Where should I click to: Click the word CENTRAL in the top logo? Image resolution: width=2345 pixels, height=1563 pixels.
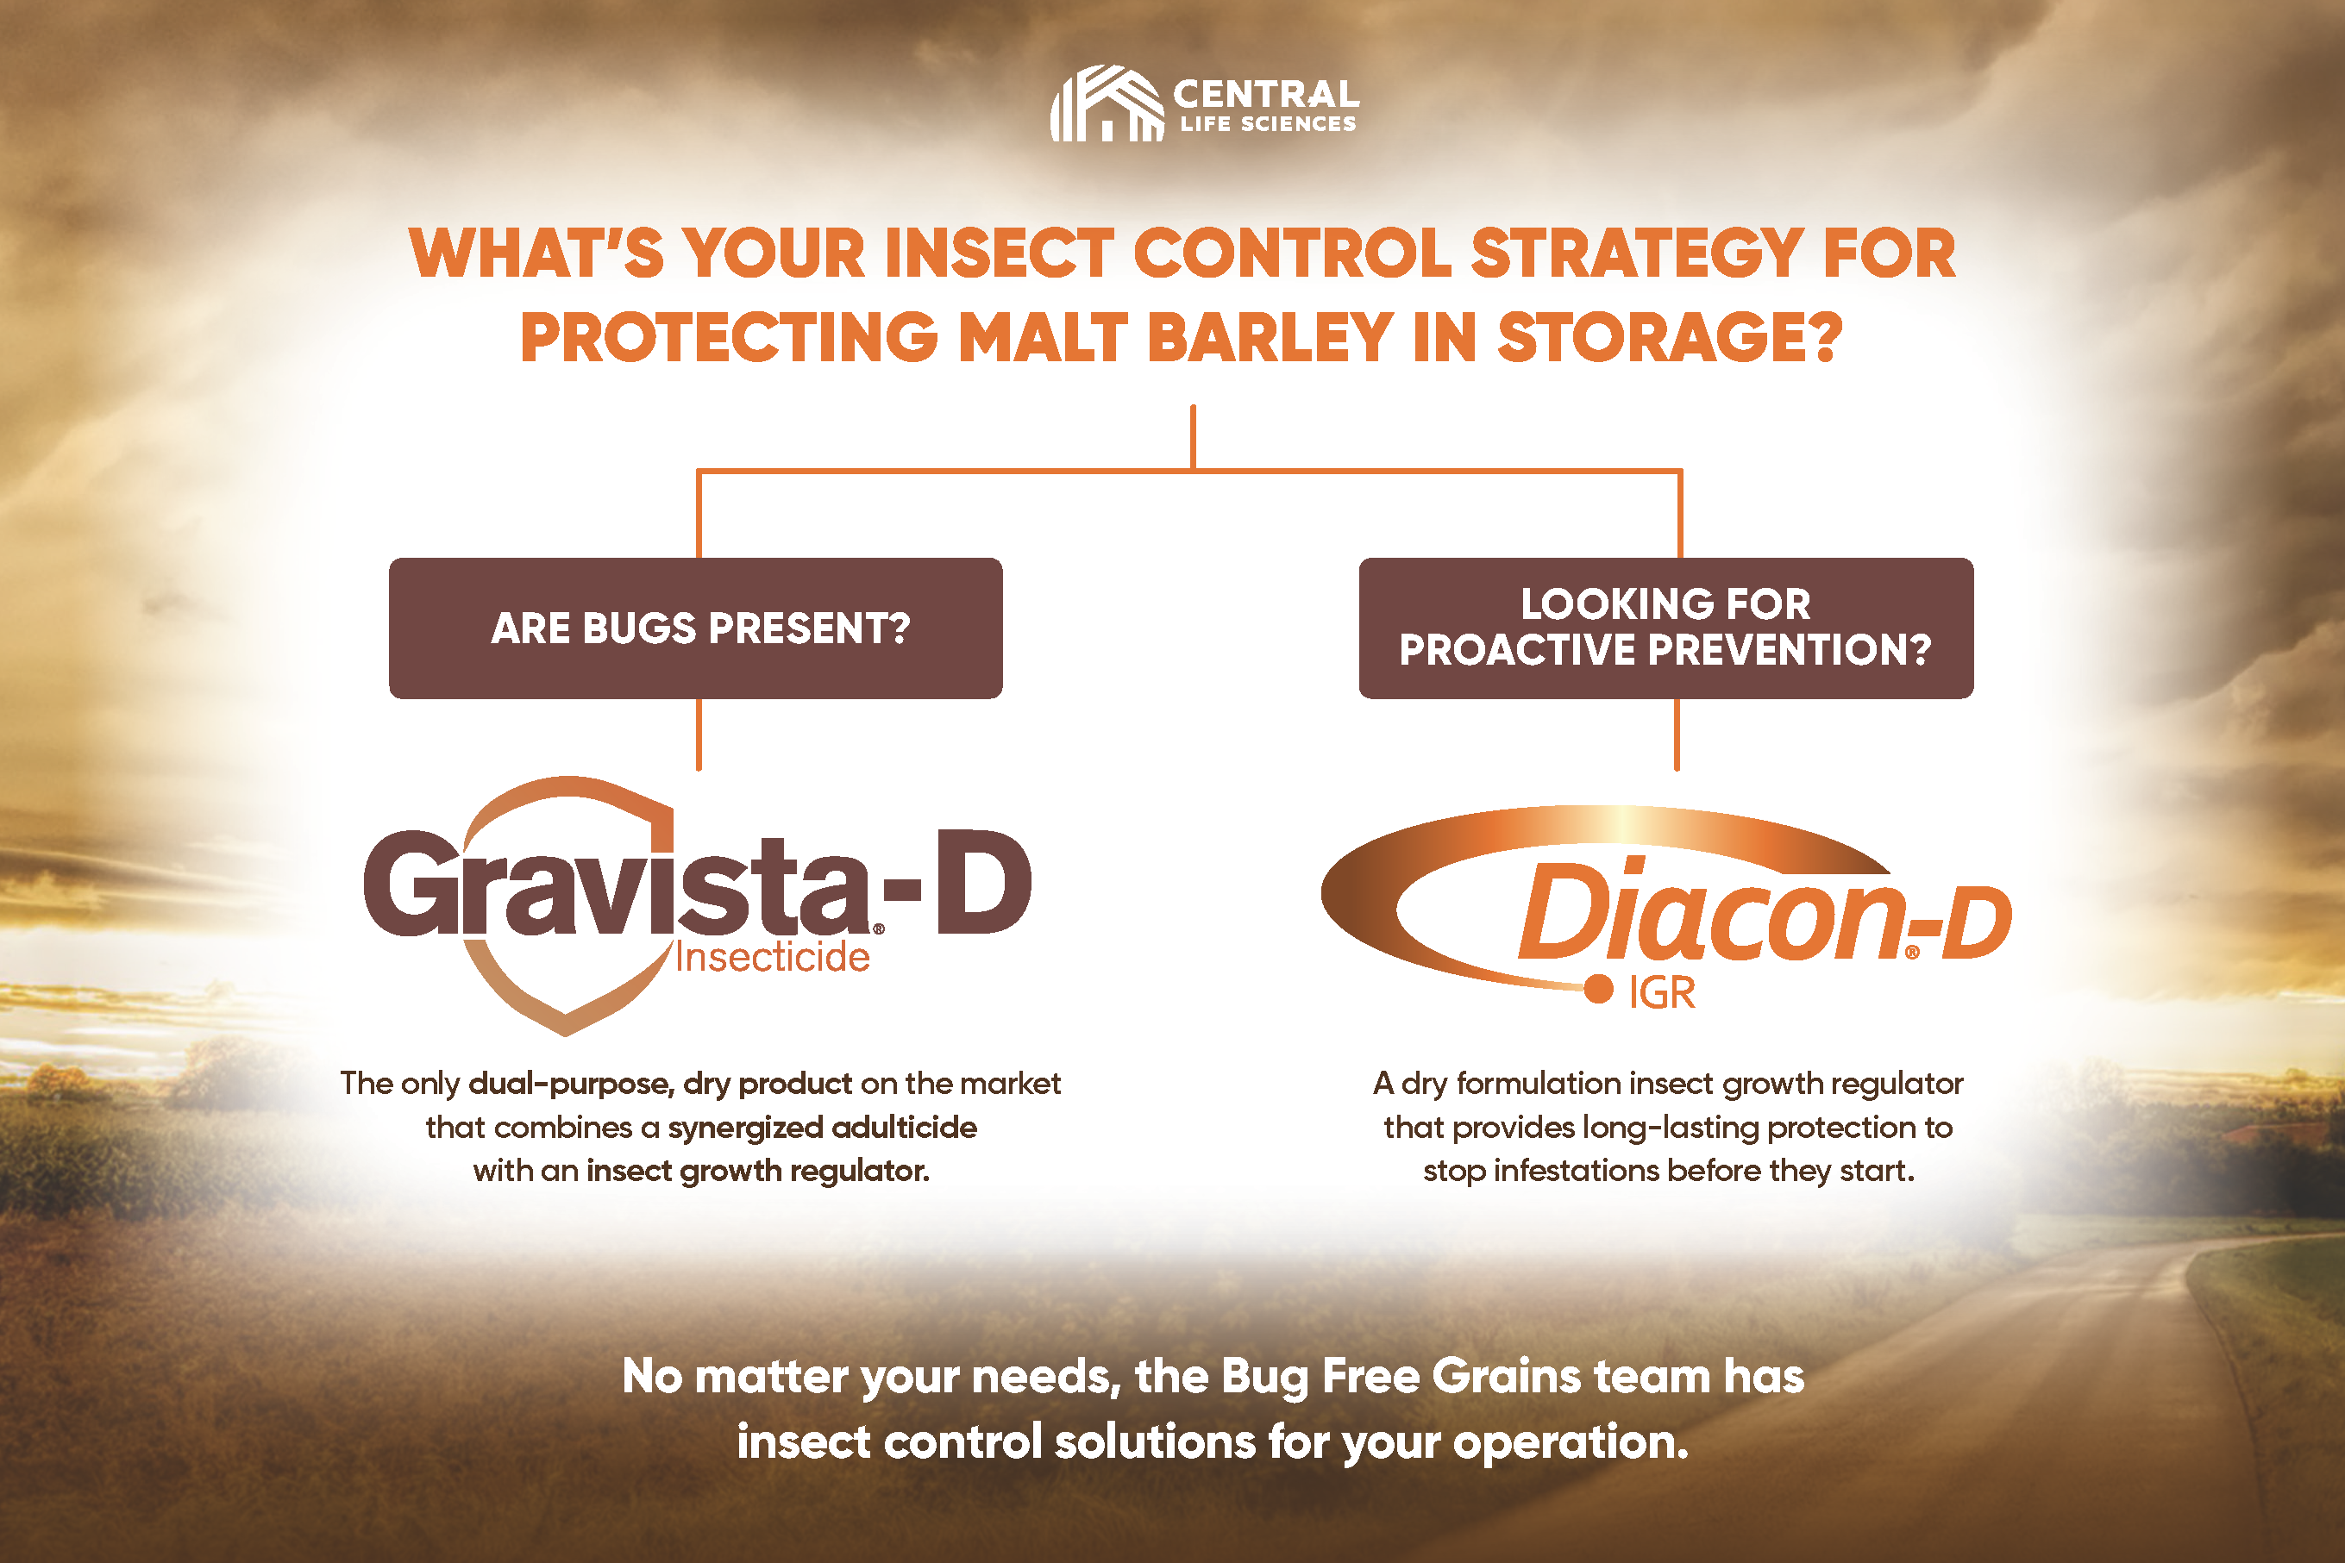coord(1266,94)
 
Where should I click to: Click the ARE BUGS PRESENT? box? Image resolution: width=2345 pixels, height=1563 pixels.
coord(696,628)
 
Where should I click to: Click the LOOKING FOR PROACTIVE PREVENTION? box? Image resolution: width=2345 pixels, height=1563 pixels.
coord(1666,628)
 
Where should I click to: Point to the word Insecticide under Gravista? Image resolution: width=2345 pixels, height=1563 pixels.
coord(773,957)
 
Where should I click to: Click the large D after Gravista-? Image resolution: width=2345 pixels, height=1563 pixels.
coord(983,881)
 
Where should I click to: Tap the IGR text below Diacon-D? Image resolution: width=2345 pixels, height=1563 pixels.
coord(1662,993)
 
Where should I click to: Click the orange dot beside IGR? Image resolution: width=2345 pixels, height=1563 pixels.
coord(1598,989)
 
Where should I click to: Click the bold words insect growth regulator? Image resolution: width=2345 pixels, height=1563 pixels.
coord(758,1170)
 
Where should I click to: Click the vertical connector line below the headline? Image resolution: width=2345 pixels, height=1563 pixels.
coord(1193,436)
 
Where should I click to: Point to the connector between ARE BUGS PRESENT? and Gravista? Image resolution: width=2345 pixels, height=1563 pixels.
coord(699,734)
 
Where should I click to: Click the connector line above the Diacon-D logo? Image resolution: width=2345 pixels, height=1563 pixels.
coord(1677,734)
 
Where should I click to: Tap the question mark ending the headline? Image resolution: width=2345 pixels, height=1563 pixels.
coord(1825,337)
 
